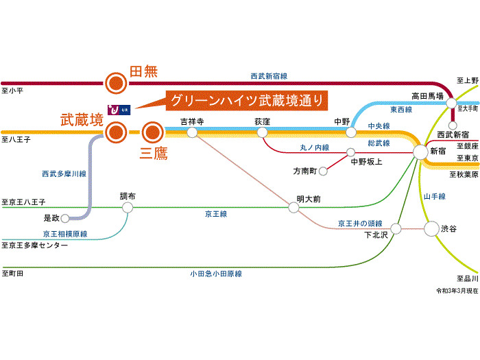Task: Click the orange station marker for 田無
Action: click(x=116, y=83)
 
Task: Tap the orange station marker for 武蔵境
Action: click(x=116, y=130)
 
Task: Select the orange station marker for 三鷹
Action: click(x=152, y=130)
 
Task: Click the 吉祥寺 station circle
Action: click(x=193, y=131)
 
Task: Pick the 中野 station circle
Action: click(x=350, y=132)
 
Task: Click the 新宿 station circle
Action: click(x=420, y=152)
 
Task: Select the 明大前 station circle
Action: click(x=293, y=208)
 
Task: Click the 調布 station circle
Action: click(x=128, y=206)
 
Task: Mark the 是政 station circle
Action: click(x=66, y=219)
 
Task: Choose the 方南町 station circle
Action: click(x=323, y=170)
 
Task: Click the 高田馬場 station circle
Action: click(x=451, y=103)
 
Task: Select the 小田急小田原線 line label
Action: click(x=216, y=274)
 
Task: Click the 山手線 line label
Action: click(x=434, y=197)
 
